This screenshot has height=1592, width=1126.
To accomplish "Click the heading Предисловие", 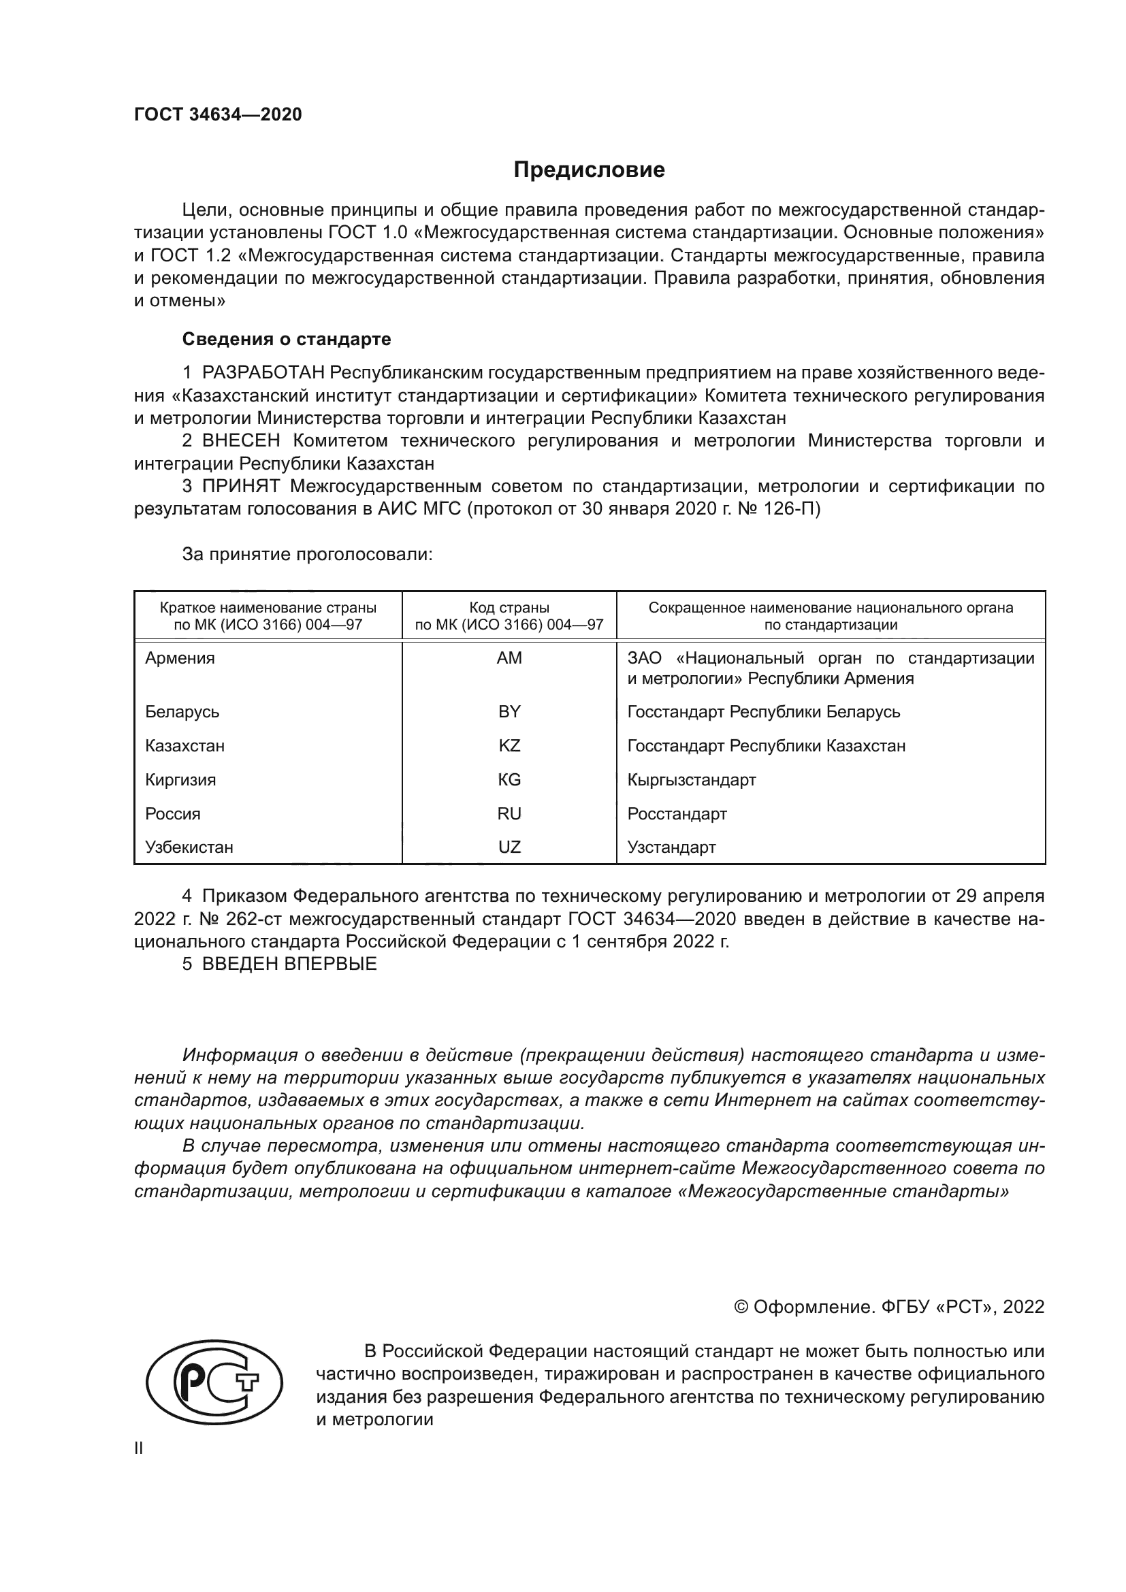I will click(589, 170).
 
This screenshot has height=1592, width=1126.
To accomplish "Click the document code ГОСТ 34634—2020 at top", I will click(218, 115).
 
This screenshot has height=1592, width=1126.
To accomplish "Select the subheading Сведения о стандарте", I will click(287, 339).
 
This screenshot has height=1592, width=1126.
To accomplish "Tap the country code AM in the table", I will click(509, 658).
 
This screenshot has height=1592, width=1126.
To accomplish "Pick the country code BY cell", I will click(509, 712).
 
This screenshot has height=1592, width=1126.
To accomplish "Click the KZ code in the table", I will click(509, 746).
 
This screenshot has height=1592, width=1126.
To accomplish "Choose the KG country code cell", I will click(509, 780).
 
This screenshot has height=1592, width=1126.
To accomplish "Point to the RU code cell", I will click(509, 814).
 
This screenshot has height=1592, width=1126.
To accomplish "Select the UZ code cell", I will click(509, 847).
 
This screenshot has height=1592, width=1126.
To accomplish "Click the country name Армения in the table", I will click(180, 658).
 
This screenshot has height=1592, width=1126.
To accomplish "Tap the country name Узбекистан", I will click(189, 847).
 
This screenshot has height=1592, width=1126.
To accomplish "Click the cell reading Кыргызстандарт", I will click(691, 780).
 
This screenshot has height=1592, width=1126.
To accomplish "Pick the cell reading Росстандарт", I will click(677, 814).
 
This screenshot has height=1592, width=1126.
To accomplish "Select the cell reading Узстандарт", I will click(671, 847).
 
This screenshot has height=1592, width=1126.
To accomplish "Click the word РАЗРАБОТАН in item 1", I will click(263, 373).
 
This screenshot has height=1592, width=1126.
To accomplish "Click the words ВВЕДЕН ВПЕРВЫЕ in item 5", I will click(289, 964).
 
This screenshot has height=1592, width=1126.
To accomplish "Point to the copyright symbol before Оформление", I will click(741, 1307).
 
